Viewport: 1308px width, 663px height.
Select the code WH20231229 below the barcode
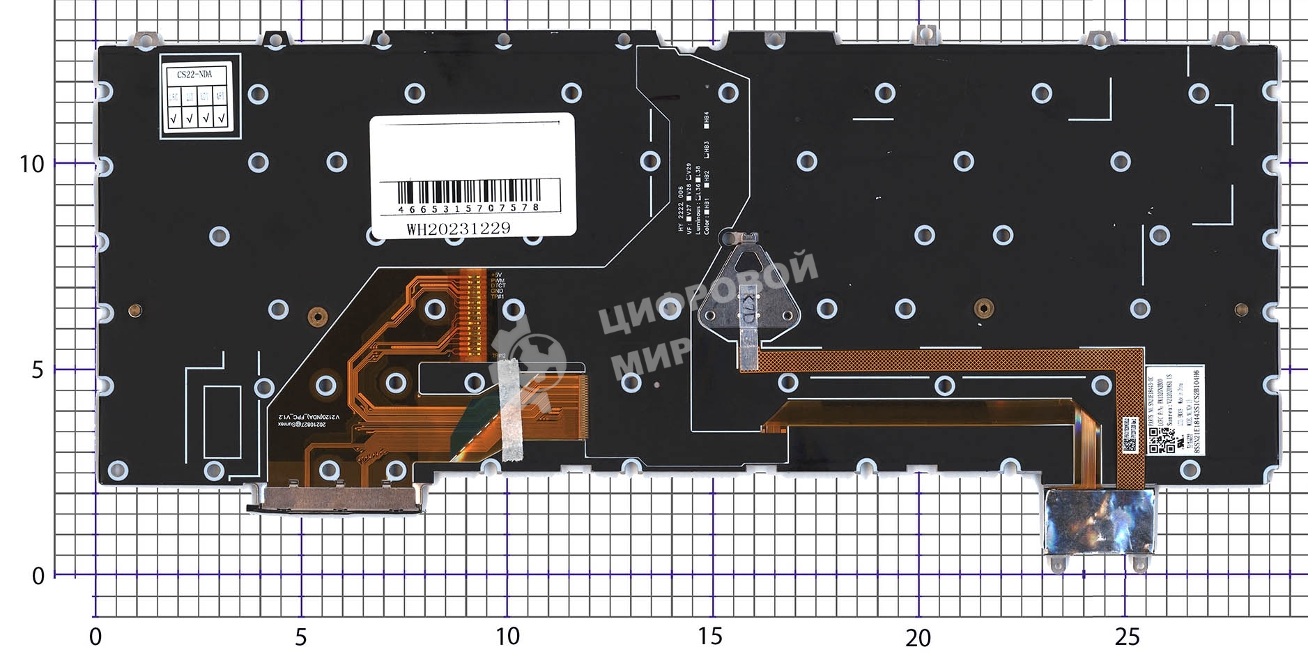pos(458,229)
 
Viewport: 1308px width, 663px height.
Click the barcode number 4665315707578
pos(468,208)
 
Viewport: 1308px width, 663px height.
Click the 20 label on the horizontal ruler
pos(918,637)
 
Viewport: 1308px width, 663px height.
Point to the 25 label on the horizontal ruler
pos(1126,637)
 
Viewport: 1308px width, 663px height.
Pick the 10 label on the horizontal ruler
pos(507,637)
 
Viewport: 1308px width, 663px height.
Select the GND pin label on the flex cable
pos(497,291)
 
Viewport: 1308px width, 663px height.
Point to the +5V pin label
pos(496,275)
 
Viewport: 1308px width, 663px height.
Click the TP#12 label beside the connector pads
pos(498,356)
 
